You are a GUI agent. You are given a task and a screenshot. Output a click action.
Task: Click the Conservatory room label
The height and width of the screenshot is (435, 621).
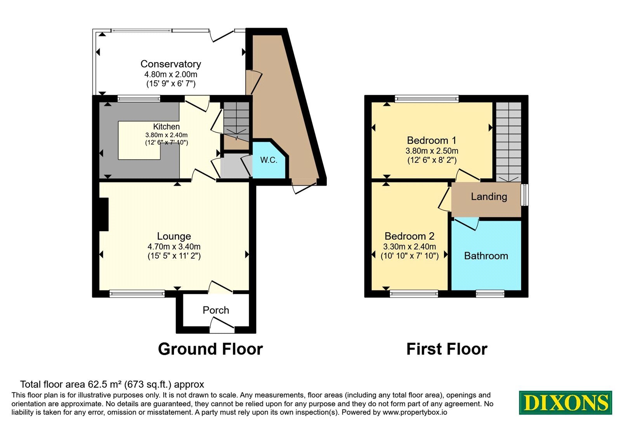pyautogui.click(x=171, y=64)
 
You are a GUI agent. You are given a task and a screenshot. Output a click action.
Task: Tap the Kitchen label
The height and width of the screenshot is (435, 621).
pyautogui.click(x=167, y=127)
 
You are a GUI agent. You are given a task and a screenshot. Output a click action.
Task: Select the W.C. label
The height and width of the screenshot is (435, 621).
pyautogui.click(x=269, y=160)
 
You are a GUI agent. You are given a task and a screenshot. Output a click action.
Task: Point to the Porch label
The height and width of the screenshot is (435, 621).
pyautogui.click(x=216, y=310)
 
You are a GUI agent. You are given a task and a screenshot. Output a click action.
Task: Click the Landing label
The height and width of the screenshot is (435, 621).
pyautogui.click(x=489, y=197)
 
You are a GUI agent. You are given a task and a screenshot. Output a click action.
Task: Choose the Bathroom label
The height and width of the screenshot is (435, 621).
pyautogui.click(x=486, y=256)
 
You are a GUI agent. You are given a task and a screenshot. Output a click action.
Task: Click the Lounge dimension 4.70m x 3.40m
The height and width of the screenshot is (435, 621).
pyautogui.click(x=174, y=246)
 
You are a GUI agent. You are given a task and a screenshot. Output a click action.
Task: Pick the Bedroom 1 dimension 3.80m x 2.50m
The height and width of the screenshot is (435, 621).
pyautogui.click(x=432, y=151)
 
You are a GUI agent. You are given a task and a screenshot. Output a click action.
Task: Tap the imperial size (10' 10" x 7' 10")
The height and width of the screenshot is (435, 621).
pyautogui.click(x=409, y=256)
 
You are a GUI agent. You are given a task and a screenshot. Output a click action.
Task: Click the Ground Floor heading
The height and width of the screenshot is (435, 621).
pyautogui.click(x=210, y=349)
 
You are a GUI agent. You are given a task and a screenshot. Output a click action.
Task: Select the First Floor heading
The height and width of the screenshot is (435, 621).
pyautogui.click(x=447, y=349)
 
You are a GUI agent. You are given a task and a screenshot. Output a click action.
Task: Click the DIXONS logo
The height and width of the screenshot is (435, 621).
pyautogui.click(x=565, y=402)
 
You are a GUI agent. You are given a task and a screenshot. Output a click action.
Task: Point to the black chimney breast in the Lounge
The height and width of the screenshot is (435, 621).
pyautogui.click(x=104, y=214)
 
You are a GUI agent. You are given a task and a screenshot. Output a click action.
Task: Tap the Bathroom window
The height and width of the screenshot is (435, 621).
pyautogui.click(x=490, y=294)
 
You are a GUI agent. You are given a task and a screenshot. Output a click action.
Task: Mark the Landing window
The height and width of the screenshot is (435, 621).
pyautogui.click(x=524, y=195)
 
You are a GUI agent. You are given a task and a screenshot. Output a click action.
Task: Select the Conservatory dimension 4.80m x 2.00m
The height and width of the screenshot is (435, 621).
pyautogui.click(x=171, y=74)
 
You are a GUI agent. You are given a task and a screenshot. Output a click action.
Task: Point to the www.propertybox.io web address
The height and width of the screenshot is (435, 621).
pyautogui.click(x=415, y=412)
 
